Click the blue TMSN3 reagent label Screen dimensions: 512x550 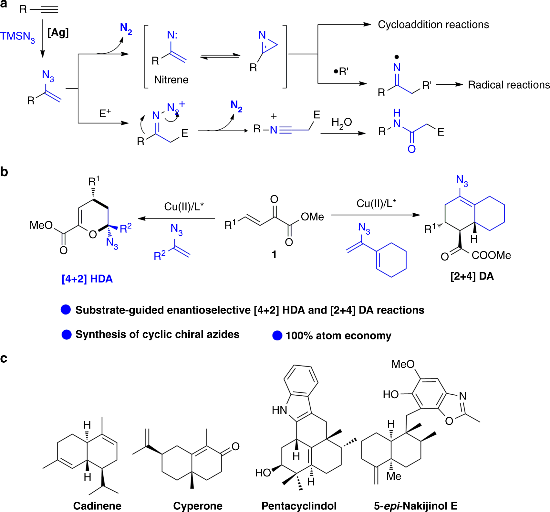[17, 37]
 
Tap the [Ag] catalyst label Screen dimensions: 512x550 [58, 33]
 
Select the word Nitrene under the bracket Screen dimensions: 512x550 [171, 80]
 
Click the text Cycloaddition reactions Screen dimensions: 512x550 [433, 25]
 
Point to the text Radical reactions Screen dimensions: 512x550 [509, 85]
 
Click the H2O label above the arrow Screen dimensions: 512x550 [341, 123]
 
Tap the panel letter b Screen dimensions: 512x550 [4, 172]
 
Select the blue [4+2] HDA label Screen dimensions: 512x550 [87, 279]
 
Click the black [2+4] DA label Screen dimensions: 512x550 [472, 276]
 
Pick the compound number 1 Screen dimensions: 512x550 [274, 254]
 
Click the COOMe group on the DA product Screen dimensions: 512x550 [491, 255]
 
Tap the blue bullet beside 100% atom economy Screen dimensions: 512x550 [277, 336]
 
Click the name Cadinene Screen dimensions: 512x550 [97, 506]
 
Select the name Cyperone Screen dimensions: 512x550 [198, 506]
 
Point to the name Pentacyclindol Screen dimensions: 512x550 [299, 506]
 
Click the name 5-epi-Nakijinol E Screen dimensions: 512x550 [416, 506]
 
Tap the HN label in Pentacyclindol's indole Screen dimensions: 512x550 [279, 410]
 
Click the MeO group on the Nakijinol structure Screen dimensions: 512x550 [403, 364]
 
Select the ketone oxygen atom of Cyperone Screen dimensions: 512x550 [235, 446]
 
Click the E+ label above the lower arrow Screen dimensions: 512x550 [105, 113]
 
